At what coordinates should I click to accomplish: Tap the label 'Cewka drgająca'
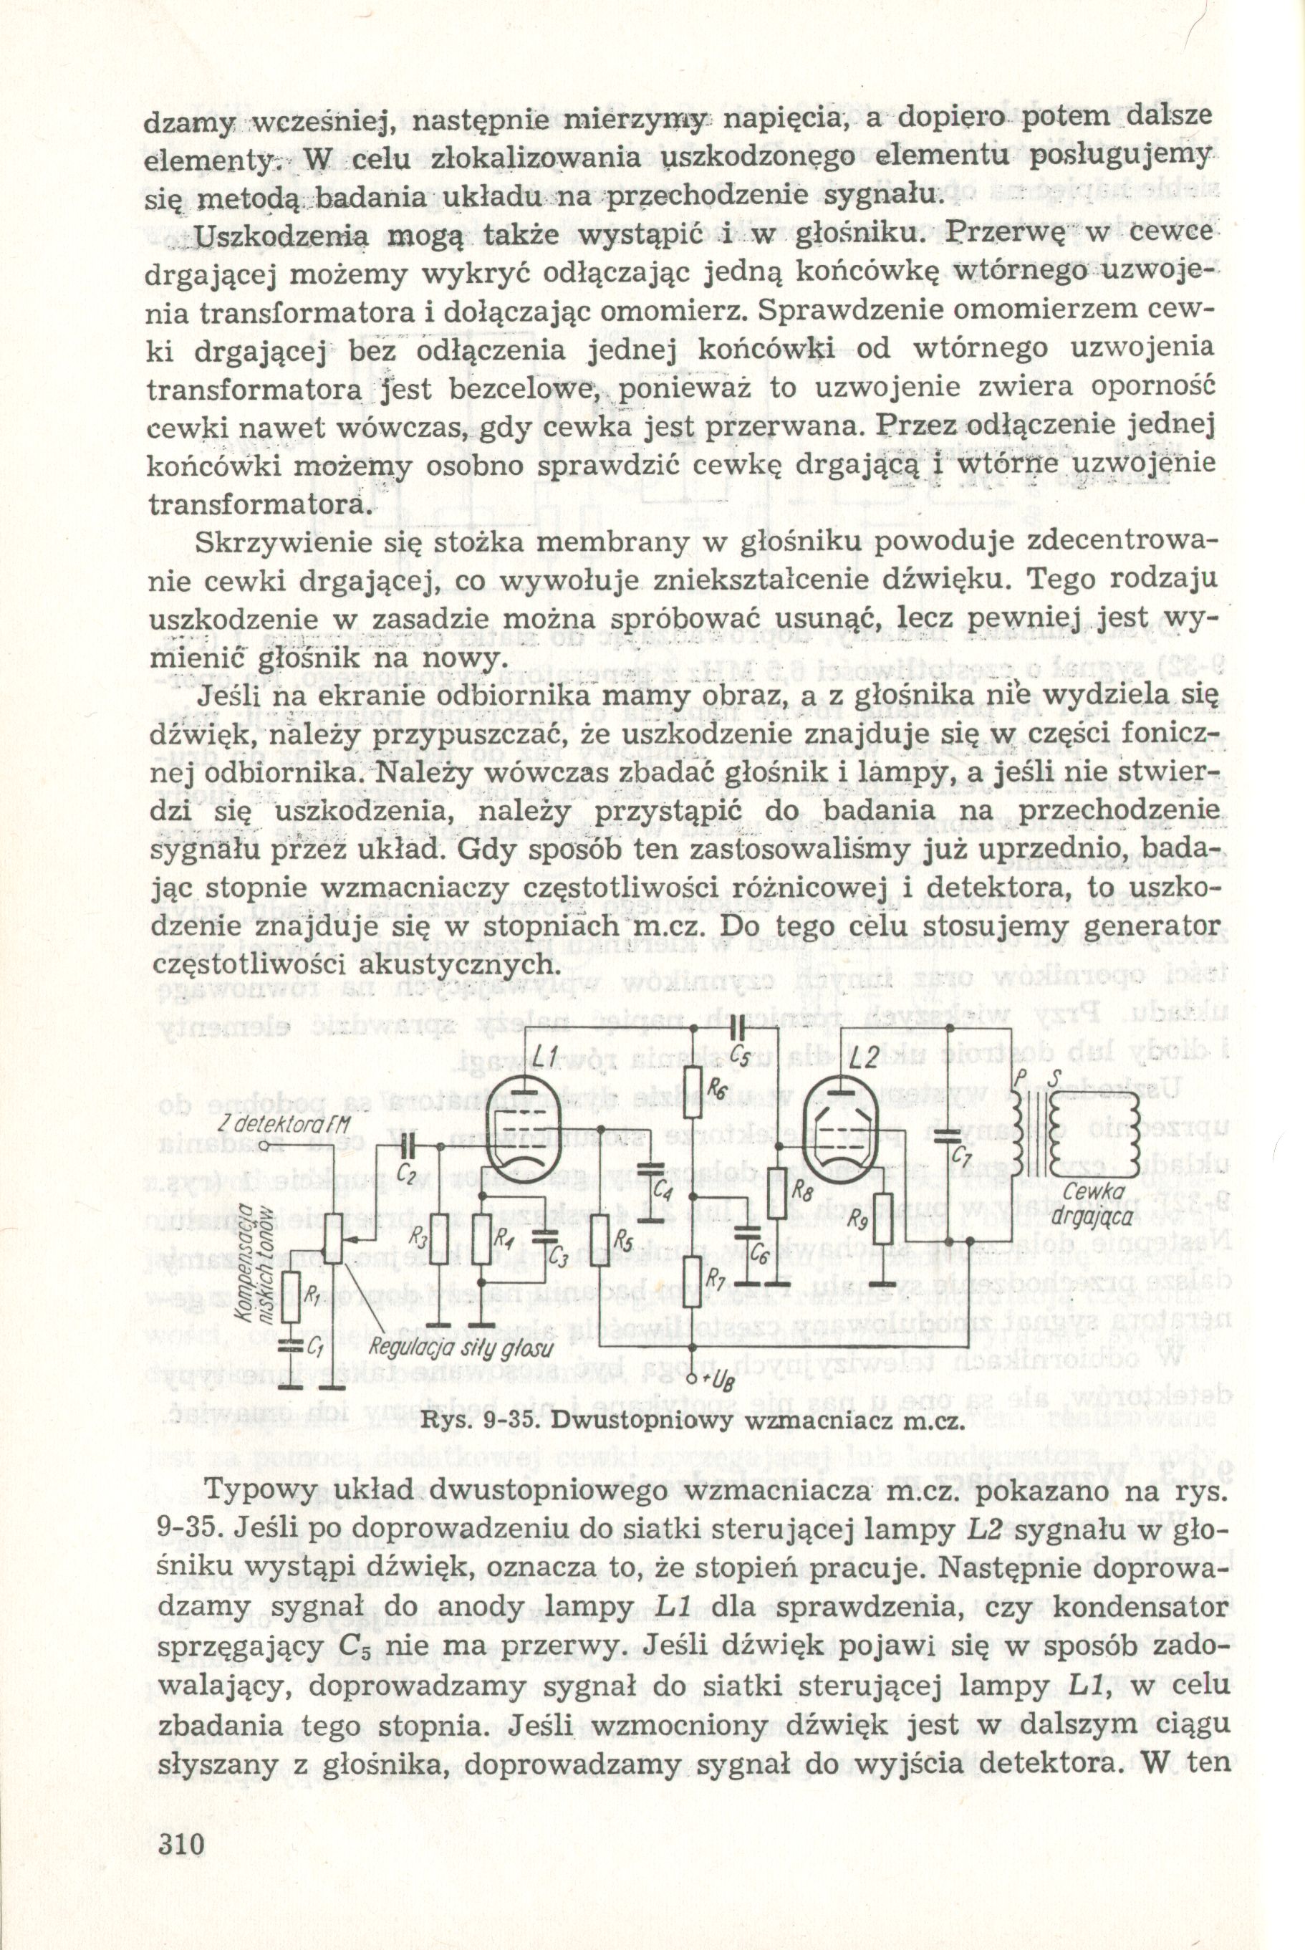1099,1205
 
